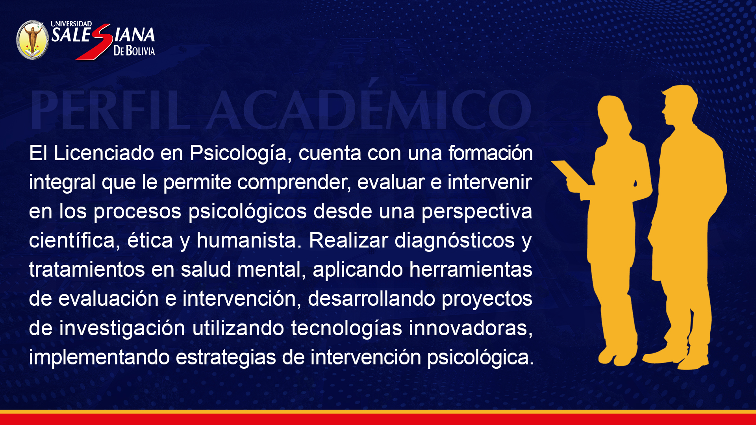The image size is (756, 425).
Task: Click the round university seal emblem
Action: (33, 40)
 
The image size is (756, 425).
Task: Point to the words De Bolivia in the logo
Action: (134, 50)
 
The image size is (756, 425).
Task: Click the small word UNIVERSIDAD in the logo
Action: (71, 24)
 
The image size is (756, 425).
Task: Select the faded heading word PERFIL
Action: (110, 110)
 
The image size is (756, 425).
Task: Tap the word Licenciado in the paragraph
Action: (104, 153)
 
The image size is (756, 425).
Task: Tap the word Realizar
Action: (348, 240)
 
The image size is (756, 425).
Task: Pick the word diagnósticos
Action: (454, 240)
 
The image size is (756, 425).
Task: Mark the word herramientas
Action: (471, 270)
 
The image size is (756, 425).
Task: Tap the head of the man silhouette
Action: (679, 105)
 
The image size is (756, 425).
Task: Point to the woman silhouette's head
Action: (612, 112)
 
